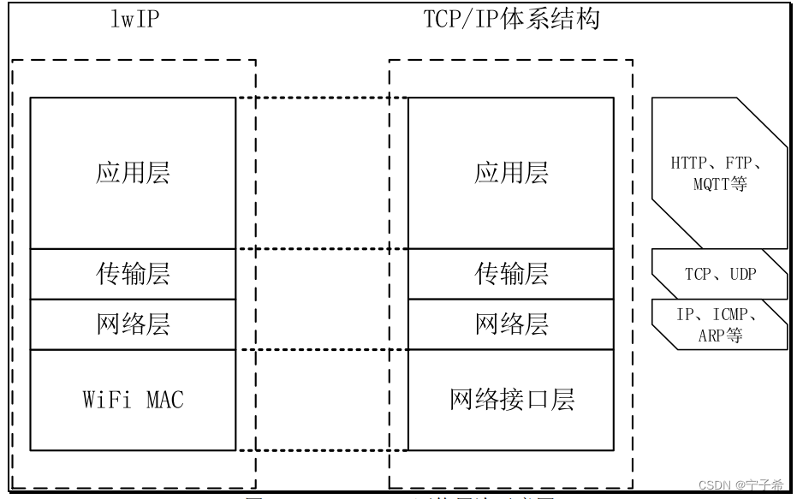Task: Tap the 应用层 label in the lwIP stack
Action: click(133, 173)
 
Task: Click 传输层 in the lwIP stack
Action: click(133, 274)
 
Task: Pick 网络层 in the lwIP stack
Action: click(133, 324)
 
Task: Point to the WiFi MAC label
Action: click(133, 400)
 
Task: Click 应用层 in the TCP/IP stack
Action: click(511, 173)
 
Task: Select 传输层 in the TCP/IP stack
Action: click(511, 274)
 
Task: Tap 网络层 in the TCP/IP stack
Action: click(511, 324)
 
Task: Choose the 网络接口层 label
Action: click(511, 400)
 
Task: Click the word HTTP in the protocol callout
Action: click(690, 163)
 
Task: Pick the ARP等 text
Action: click(720, 335)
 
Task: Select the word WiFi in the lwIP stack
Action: click(106, 400)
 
